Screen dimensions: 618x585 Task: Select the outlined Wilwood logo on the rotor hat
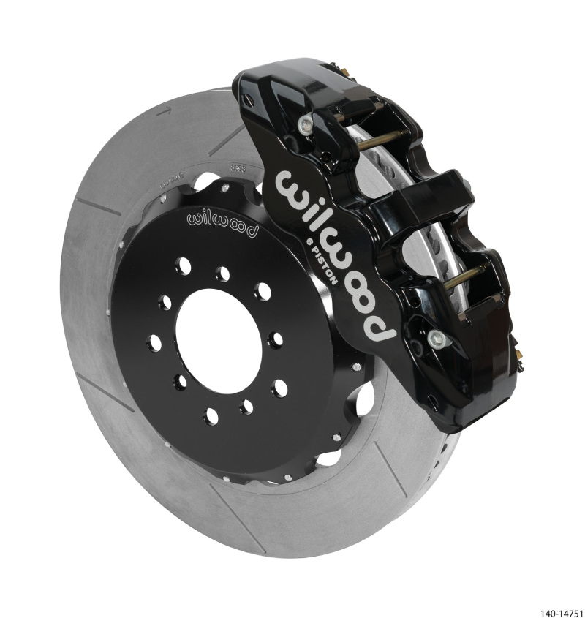222,224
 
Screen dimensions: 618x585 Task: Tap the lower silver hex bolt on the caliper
437,337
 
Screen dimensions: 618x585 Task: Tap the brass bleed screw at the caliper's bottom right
517,354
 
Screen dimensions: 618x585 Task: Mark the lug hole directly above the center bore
222,274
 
